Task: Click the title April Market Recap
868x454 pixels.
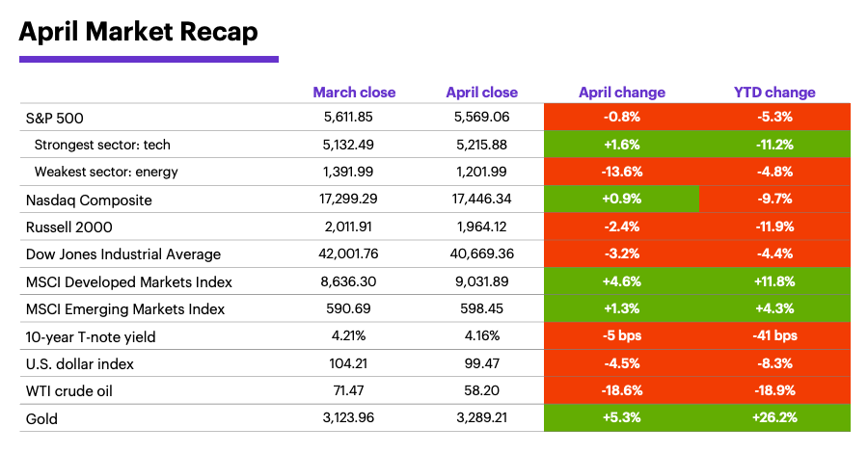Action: tap(138, 32)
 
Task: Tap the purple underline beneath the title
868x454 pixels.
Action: tap(149, 59)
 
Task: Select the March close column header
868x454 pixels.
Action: tap(354, 93)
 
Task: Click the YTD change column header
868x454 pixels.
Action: tap(774, 93)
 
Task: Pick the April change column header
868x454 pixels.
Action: tap(621, 93)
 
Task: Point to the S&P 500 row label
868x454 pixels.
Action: tap(55, 118)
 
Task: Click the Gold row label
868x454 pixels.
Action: tap(42, 418)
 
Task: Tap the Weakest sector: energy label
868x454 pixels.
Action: tap(106, 173)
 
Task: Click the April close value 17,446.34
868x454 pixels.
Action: tap(481, 200)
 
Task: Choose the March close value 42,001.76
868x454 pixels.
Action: tap(354, 254)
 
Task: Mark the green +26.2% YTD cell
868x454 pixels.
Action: tap(774, 418)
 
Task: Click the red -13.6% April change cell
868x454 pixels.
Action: tap(621, 173)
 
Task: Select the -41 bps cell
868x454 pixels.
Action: tap(774, 336)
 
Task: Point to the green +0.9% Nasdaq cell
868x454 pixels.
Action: tap(621, 200)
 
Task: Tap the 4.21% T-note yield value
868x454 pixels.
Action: tap(354, 336)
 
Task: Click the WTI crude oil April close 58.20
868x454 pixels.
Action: tap(481, 391)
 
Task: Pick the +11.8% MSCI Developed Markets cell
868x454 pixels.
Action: tap(774, 282)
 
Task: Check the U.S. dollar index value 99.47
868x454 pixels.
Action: tap(481, 364)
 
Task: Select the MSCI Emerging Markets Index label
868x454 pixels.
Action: tap(125, 309)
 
